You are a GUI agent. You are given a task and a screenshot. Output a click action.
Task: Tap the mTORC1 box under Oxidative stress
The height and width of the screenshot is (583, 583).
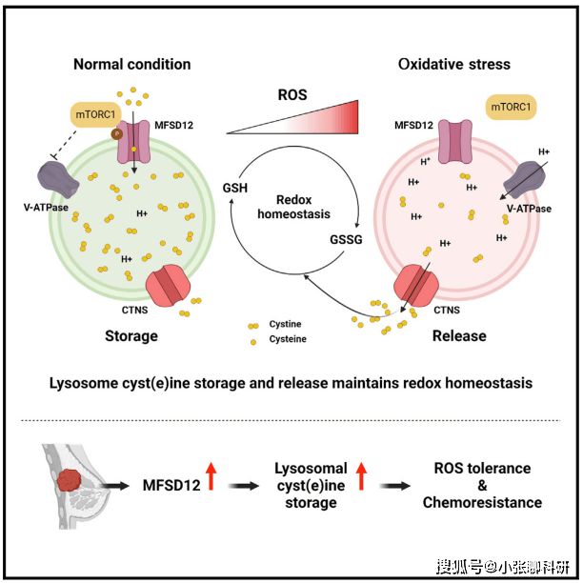pos(512,108)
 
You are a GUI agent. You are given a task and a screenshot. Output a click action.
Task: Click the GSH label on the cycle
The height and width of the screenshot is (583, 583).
pos(234,188)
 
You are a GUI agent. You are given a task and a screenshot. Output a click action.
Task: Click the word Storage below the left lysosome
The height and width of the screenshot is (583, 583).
pos(131,336)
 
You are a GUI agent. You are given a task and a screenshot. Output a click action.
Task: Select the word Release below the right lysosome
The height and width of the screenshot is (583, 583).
pos(459,336)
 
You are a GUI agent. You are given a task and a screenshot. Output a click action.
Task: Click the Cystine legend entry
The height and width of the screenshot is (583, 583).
pos(285,325)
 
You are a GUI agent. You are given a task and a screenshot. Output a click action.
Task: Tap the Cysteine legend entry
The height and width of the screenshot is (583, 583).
pos(288,339)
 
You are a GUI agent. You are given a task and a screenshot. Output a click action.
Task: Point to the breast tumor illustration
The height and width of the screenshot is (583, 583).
pos(70,479)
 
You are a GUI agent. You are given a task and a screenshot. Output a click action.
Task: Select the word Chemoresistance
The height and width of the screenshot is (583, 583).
pos(482,502)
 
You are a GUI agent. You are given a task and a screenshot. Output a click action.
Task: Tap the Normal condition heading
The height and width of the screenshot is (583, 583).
pos(132,65)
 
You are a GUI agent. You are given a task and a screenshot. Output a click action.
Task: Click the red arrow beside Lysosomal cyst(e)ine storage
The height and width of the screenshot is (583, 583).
pos(362,475)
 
